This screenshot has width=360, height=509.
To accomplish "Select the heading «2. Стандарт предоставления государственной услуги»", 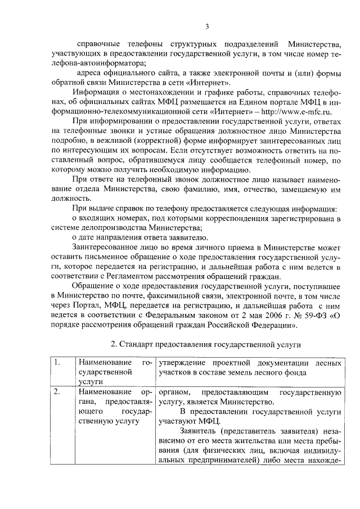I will coord(206,343).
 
